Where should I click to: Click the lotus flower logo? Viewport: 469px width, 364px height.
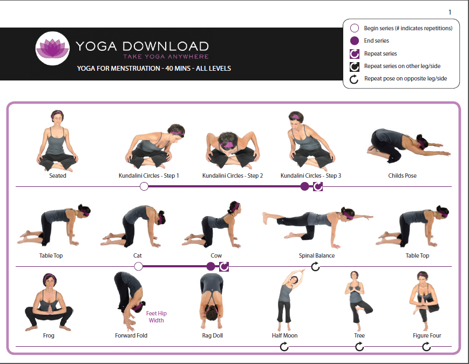point(53,48)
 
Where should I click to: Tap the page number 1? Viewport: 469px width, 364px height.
point(450,12)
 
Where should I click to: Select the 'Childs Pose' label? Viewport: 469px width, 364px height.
point(402,176)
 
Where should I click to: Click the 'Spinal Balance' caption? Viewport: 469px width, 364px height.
point(317,255)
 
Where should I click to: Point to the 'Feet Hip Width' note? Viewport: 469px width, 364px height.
point(156,316)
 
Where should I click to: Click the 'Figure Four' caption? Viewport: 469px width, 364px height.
point(427,335)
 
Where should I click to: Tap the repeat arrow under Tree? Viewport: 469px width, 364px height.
point(359,347)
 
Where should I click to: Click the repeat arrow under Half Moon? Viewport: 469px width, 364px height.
point(284,347)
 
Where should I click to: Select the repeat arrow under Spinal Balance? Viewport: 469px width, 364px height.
point(315,266)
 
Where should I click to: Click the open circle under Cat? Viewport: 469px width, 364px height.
point(138,266)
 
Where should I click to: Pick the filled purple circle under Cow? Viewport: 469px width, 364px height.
point(210,266)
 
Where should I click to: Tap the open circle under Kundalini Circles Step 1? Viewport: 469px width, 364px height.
point(144,186)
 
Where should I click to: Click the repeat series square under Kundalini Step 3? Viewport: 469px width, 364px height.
point(318,186)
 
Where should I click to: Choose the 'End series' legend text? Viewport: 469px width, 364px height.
point(376,41)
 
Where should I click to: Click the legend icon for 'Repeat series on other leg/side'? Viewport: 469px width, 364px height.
point(355,66)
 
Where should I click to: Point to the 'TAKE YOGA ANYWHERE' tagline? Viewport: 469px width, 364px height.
point(166,57)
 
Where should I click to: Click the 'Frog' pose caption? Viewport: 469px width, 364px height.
point(49,335)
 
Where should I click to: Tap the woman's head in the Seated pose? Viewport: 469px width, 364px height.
point(57,117)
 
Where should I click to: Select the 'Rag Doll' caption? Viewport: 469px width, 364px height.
point(212,335)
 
